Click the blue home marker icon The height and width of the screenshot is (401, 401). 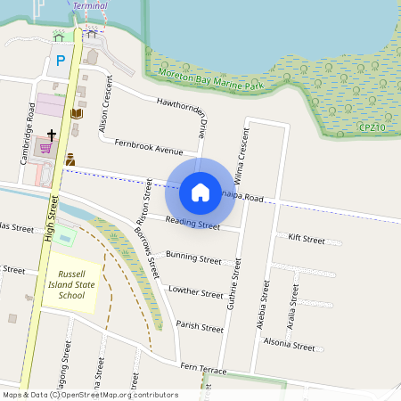(x=200, y=192)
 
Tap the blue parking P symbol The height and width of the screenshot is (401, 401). (x=61, y=61)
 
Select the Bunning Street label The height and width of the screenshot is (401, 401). (x=193, y=258)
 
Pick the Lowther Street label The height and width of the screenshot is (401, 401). (x=195, y=291)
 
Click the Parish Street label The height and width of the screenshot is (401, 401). (x=200, y=327)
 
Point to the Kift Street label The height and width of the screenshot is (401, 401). (x=307, y=239)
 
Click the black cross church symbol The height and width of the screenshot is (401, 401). (x=52, y=135)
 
